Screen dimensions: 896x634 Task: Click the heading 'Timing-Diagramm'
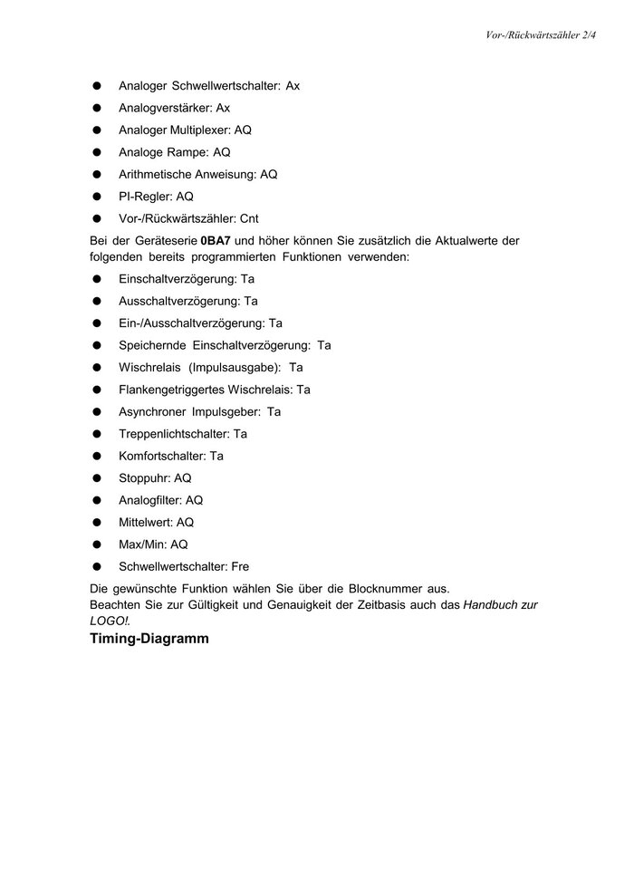(149, 639)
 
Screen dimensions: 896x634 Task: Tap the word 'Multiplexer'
(198, 130)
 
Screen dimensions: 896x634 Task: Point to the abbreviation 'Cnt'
(250, 218)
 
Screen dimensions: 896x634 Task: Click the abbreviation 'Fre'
(240, 566)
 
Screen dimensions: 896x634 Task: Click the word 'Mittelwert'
(146, 522)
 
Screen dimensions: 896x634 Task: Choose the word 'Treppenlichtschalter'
(174, 434)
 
